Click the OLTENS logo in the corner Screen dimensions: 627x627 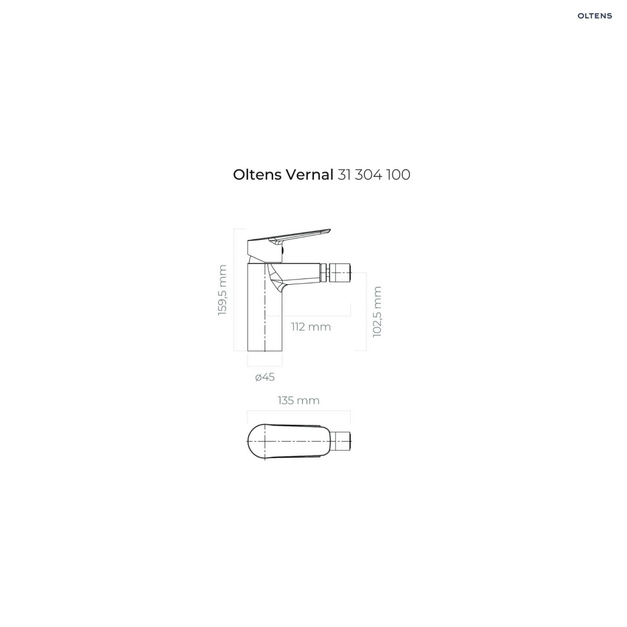pyautogui.click(x=595, y=16)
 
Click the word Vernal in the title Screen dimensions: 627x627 pyautogui.click(x=309, y=175)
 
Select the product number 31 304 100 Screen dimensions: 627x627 pyautogui.click(x=374, y=175)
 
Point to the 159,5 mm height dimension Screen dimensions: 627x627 pyautogui.click(x=222, y=290)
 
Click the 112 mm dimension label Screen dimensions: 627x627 pyautogui.click(x=311, y=327)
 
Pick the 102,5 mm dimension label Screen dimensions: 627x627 pyautogui.click(x=377, y=312)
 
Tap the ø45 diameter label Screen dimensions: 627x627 pyautogui.click(x=265, y=377)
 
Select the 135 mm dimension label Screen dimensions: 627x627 pyautogui.click(x=298, y=400)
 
